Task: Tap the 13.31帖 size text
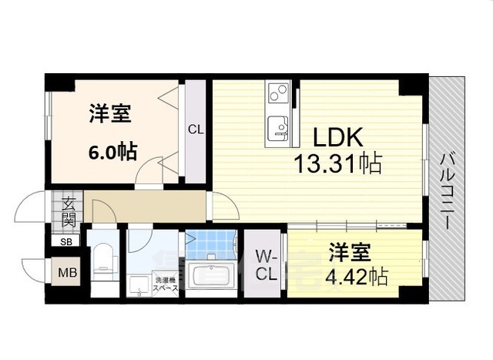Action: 337,163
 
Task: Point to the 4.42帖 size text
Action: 355,275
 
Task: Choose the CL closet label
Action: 196,130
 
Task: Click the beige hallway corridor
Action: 146,208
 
